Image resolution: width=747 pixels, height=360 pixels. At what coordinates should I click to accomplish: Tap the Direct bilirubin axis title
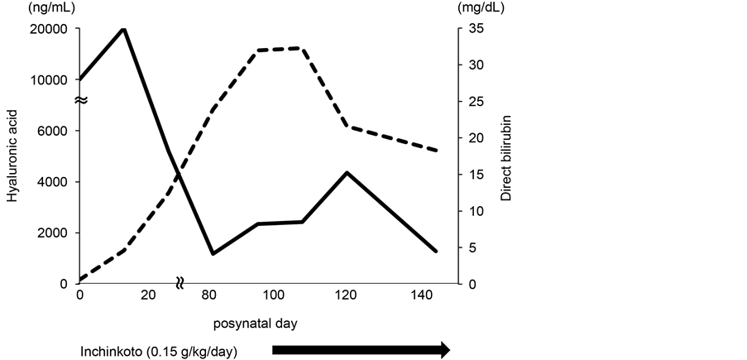[506, 156]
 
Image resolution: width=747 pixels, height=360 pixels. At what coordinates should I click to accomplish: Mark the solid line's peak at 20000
[123, 29]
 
